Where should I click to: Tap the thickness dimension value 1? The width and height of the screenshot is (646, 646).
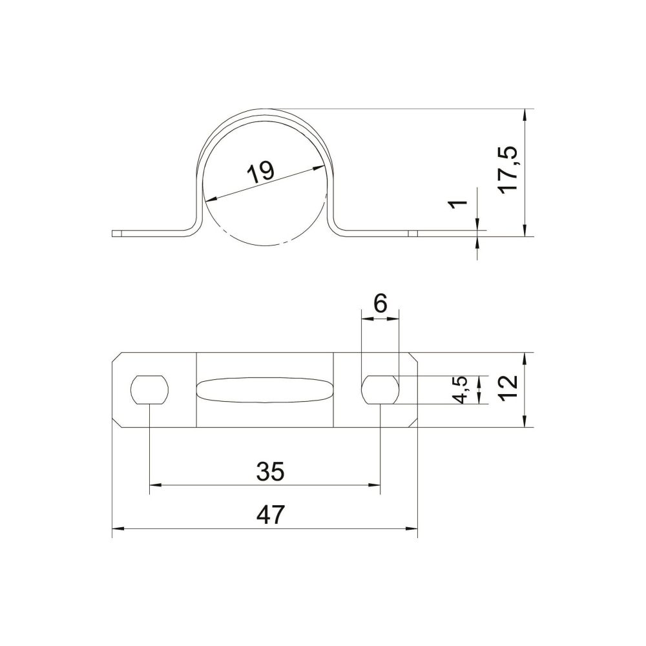[459, 203]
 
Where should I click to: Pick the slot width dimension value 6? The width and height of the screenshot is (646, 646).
[380, 304]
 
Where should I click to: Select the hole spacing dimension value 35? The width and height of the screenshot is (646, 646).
[270, 472]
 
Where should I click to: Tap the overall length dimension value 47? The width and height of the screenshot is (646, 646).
[270, 514]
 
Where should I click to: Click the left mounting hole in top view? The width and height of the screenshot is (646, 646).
[151, 390]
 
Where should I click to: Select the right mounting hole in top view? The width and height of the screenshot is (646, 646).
[380, 390]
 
